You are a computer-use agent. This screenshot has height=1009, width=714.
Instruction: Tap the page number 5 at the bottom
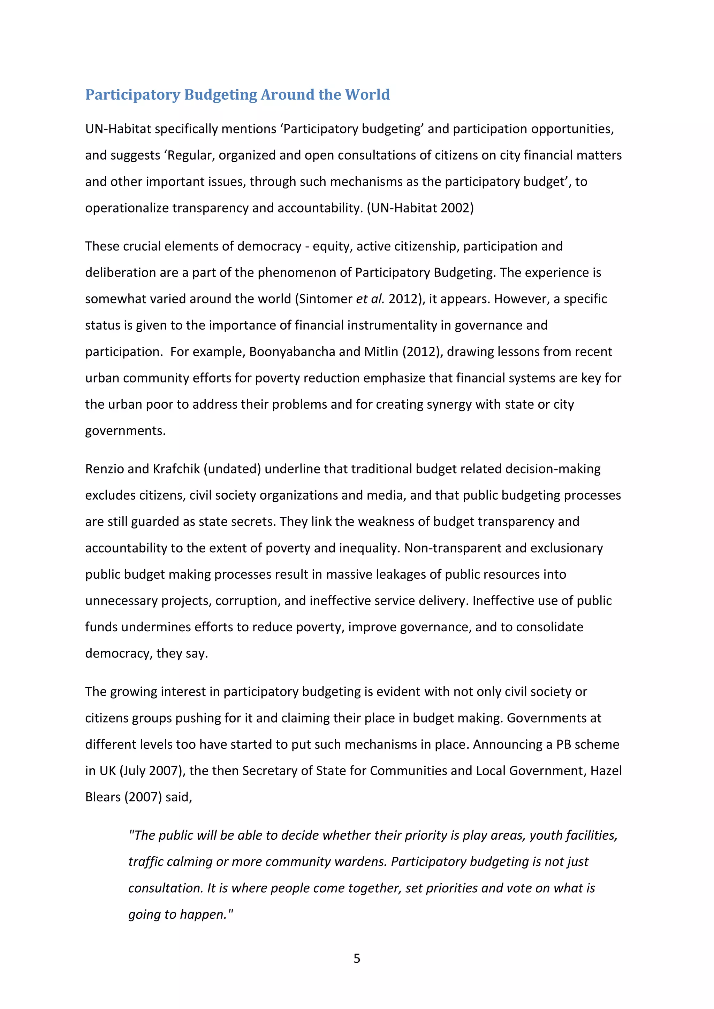[357, 958]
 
